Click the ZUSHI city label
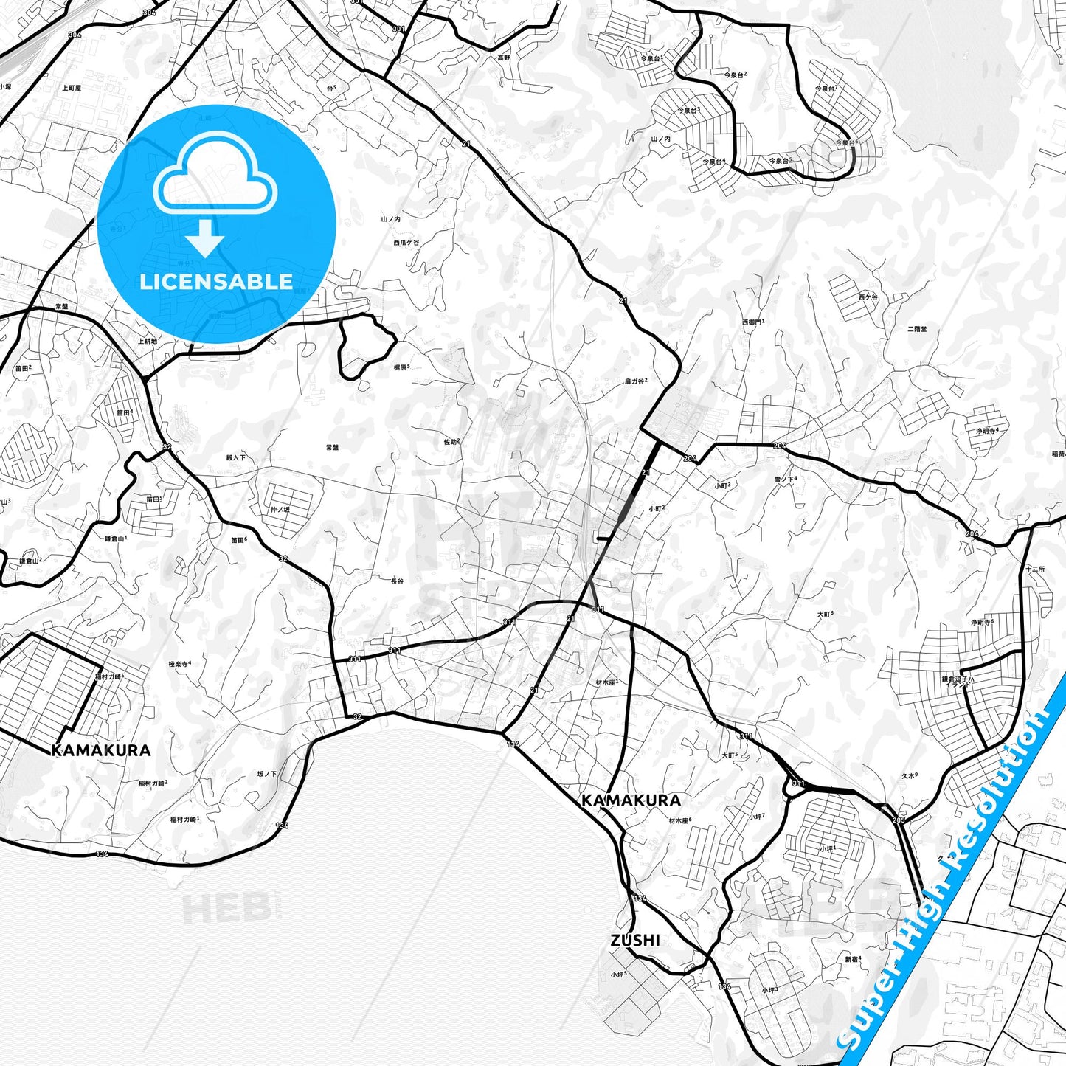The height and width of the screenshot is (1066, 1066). (x=635, y=941)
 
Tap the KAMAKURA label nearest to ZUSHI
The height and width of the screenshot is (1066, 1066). (x=631, y=800)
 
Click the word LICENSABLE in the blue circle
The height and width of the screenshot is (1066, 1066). (x=216, y=282)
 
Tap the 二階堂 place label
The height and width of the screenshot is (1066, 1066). (x=917, y=329)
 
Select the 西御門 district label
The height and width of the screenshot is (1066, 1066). (x=752, y=322)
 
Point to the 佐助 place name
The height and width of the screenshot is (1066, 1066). (x=451, y=442)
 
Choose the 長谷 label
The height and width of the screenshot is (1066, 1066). (x=397, y=581)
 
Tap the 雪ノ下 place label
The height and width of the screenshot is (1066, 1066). (x=785, y=479)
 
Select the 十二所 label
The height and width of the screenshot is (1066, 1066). (x=1035, y=569)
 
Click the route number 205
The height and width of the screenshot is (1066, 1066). (x=898, y=820)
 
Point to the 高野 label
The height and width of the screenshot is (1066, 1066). (x=503, y=58)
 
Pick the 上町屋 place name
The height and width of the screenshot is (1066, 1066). (x=72, y=88)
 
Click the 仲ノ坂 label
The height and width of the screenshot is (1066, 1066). (x=280, y=510)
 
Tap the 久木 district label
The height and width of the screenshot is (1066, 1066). (x=909, y=776)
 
